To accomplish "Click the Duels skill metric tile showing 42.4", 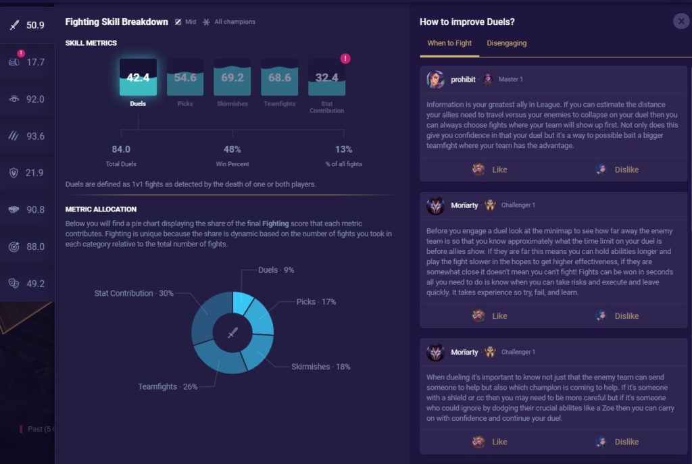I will click(x=138, y=78).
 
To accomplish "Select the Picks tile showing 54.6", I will click(x=185, y=78).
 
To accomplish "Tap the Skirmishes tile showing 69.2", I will click(x=232, y=78).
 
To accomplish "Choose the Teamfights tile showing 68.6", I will click(x=279, y=78).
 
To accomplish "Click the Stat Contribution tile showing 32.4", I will click(x=326, y=78).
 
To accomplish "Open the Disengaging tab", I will click(x=507, y=43).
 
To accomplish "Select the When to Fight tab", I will click(x=449, y=43).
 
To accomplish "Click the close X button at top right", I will click(x=681, y=22).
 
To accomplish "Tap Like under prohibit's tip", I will click(x=489, y=170).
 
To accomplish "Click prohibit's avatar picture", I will click(x=436, y=80).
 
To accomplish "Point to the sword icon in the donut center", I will click(x=232, y=333).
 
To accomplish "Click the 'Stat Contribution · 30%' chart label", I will click(x=133, y=294).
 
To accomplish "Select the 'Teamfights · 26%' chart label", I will click(x=168, y=387).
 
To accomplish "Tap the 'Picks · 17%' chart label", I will click(x=316, y=302).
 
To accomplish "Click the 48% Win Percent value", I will click(x=232, y=149).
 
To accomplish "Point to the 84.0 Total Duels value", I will click(x=121, y=149).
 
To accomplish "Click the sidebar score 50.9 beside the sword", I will click(x=35, y=26).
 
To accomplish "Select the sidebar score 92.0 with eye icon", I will click(x=35, y=99).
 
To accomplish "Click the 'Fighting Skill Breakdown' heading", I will click(x=116, y=22).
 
